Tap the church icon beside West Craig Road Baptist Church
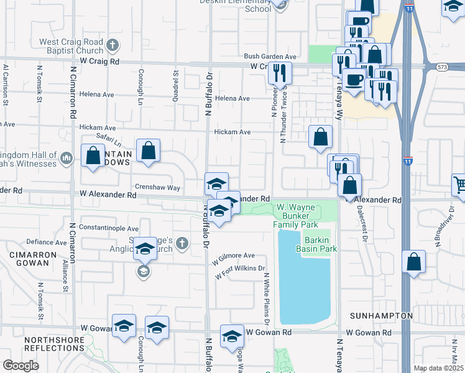click(x=113, y=45)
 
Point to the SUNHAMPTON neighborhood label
click(x=381, y=316)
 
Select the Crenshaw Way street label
click(x=156, y=187)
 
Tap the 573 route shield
click(x=442, y=67)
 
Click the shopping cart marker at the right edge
click(x=459, y=184)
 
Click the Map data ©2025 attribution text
click(x=438, y=368)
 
